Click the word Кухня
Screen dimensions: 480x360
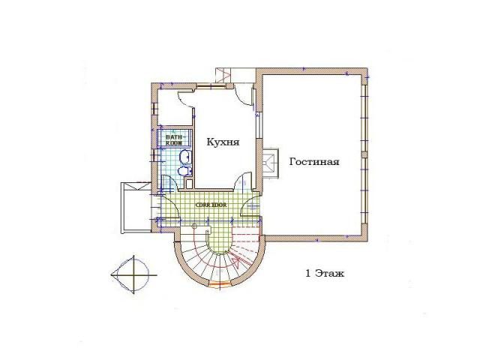[223, 142]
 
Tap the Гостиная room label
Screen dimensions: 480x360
[314, 161]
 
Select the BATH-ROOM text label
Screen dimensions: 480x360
[174, 140]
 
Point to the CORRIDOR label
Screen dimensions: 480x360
[211, 205]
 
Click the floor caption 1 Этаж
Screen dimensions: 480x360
[325, 273]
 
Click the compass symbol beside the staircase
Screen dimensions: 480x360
[133, 274]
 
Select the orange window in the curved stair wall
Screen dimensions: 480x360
[220, 284]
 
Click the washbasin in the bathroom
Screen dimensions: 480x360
[185, 157]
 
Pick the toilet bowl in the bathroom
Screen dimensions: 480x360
[184, 172]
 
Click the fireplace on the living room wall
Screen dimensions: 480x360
[271, 163]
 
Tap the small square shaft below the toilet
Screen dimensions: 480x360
[189, 184]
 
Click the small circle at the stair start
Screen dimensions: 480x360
[194, 226]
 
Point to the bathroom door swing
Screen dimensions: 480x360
[168, 181]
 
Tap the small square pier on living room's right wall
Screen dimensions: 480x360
[364, 154]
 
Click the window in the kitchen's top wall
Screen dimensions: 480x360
[211, 87]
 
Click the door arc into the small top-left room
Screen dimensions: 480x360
[184, 98]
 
